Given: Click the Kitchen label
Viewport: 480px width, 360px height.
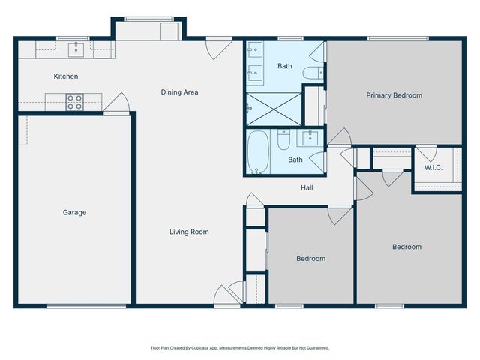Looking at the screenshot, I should (66, 76).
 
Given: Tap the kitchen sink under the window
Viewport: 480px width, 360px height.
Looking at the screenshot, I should (76, 49).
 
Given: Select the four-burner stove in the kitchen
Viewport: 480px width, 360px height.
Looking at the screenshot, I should (74, 102).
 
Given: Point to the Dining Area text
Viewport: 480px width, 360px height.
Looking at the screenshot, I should (179, 92).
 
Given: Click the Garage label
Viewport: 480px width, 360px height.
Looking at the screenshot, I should (74, 212).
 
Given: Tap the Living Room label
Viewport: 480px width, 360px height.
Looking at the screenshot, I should (189, 232).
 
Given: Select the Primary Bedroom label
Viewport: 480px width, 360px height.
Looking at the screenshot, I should (394, 95).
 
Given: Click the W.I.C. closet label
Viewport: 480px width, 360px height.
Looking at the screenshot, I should (433, 167).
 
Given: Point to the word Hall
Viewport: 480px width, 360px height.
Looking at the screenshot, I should (307, 187).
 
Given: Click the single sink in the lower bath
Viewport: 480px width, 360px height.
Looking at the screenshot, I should (310, 138).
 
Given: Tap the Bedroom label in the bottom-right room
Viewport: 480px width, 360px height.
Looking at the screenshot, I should (406, 247).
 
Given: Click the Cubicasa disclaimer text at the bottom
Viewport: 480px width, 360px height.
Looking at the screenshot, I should (239, 348).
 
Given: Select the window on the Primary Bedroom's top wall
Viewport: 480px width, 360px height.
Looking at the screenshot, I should (397, 38).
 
